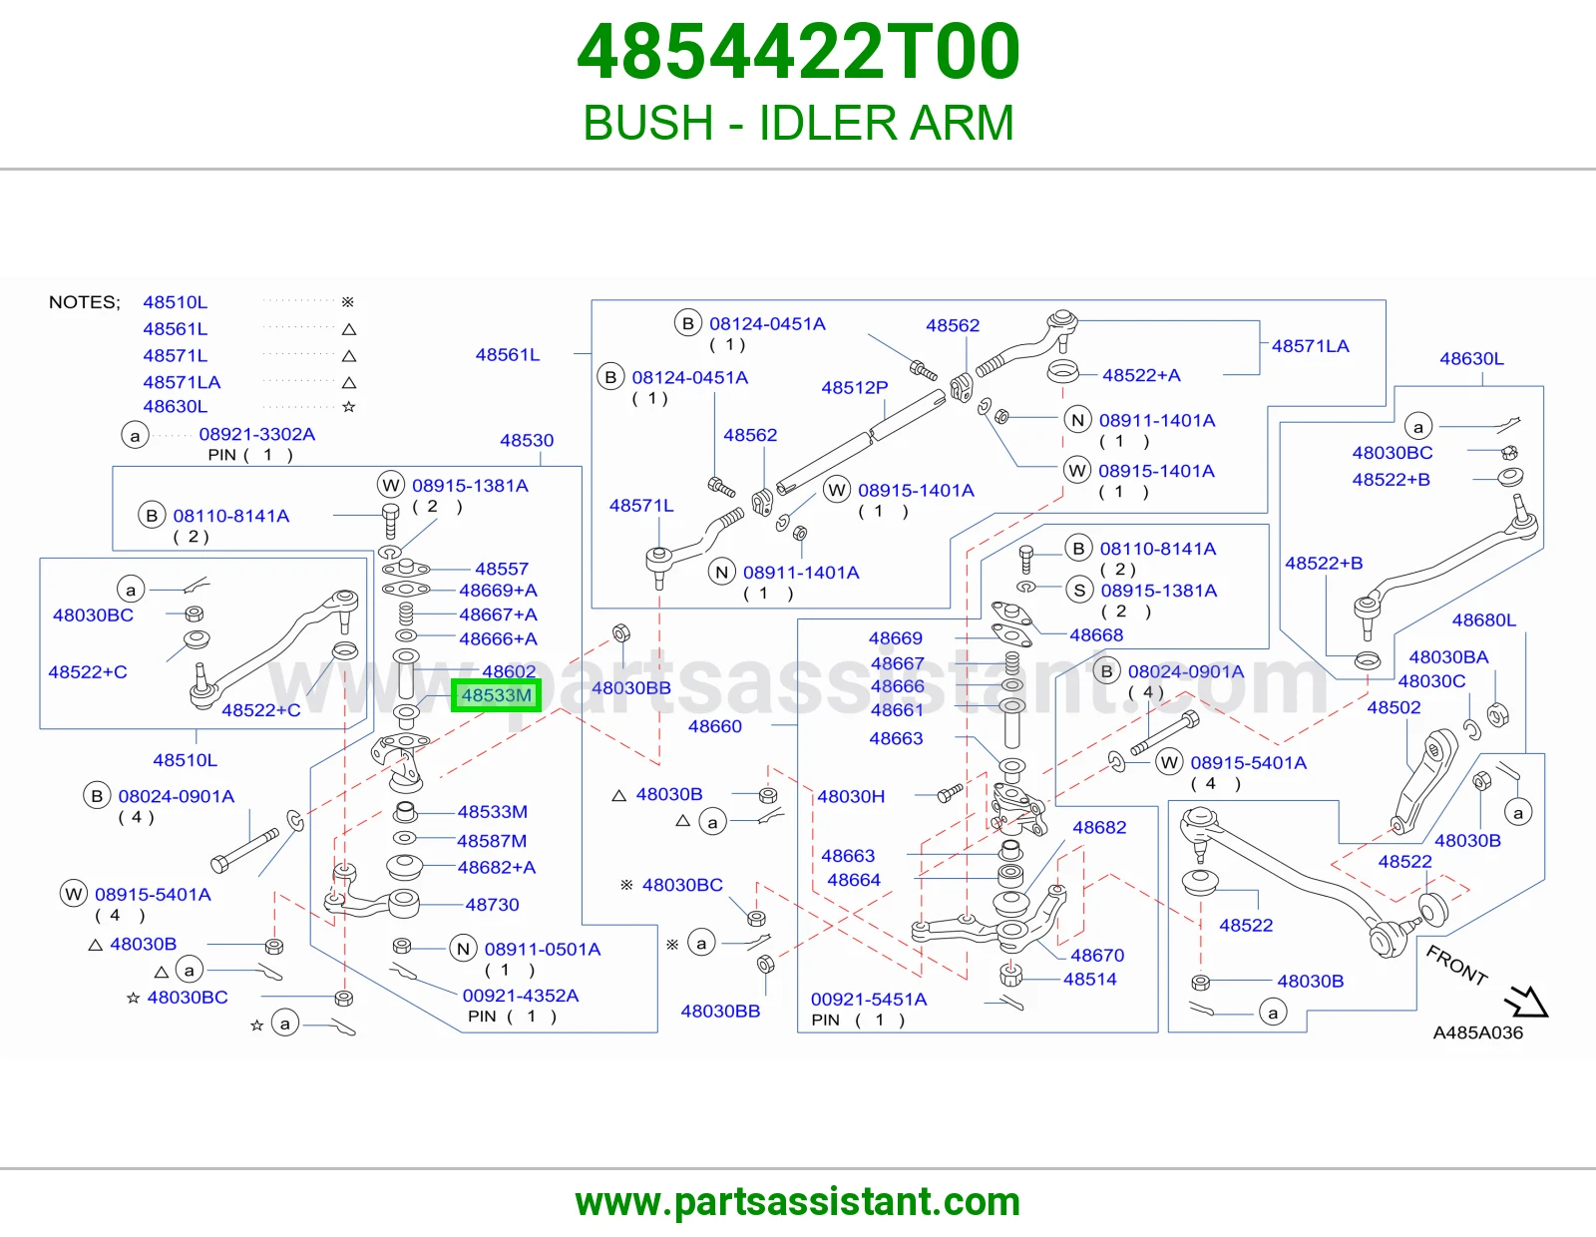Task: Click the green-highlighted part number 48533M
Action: (497, 695)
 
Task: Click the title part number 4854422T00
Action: (798, 52)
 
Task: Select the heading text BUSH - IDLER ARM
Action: (798, 122)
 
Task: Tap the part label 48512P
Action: (854, 387)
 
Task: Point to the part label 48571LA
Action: (1311, 346)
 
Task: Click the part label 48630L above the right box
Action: (1471, 358)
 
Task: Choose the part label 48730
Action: (492, 904)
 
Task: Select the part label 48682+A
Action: (497, 867)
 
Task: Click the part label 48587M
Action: (492, 840)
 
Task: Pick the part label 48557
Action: (502, 569)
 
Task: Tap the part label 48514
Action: (1090, 979)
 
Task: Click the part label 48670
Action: (1097, 955)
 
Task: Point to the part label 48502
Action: (1394, 707)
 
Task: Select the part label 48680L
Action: (1483, 619)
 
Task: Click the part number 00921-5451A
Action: (869, 999)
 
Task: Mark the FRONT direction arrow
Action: (1526, 1001)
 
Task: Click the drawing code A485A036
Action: (1477, 1032)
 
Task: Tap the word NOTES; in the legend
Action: (85, 302)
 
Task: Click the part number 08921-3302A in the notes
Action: (257, 433)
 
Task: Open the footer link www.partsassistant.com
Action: (798, 1202)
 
